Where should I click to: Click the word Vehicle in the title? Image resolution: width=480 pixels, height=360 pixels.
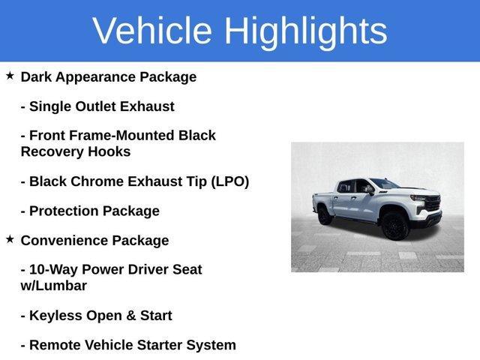tap(153, 31)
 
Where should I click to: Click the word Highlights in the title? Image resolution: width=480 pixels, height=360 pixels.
tap(305, 31)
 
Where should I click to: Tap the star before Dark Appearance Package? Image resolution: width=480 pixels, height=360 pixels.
tap(10, 76)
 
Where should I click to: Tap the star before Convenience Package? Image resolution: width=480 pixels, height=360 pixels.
tap(10, 239)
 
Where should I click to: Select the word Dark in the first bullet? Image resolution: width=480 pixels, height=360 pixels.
tap(37, 76)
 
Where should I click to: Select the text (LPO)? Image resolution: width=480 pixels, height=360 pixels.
tap(229, 181)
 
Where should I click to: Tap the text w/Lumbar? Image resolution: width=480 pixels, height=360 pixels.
tap(54, 286)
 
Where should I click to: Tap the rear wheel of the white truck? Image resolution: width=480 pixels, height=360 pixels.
tap(325, 215)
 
